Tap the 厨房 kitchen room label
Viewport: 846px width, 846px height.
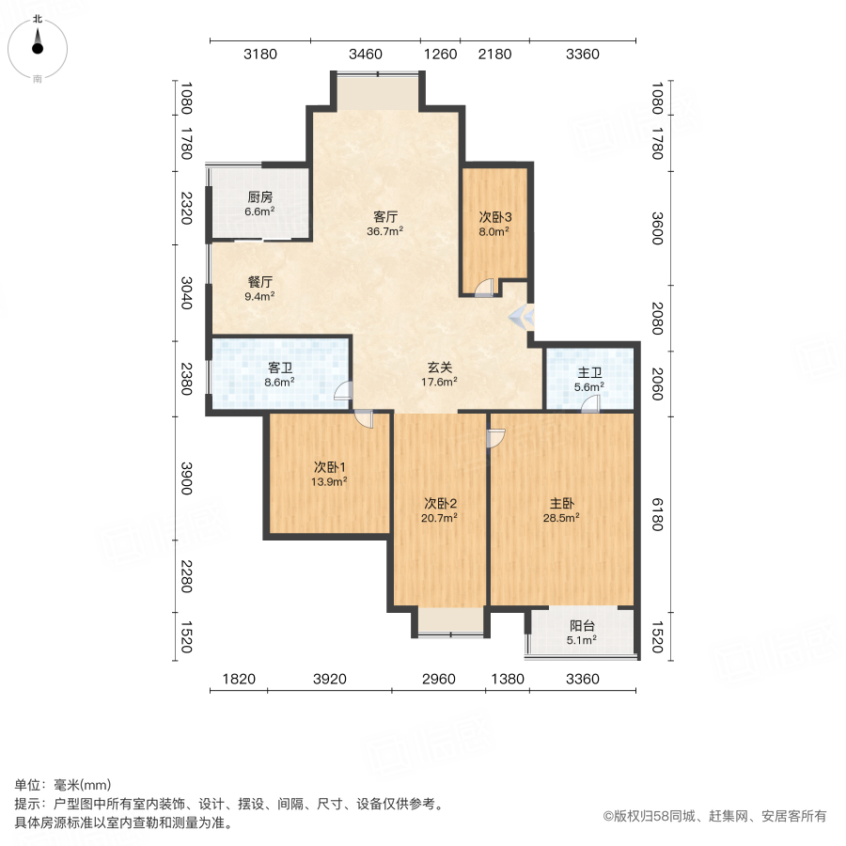(260, 197)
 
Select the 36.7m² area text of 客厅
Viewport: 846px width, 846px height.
(384, 230)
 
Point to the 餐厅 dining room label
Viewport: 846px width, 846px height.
(260, 281)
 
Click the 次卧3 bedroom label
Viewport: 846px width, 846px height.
(494, 216)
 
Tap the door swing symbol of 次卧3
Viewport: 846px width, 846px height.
(484, 289)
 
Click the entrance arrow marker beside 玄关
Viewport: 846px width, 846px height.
(521, 318)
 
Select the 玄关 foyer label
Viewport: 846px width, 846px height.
(438, 367)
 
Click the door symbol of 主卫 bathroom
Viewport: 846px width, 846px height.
(589, 404)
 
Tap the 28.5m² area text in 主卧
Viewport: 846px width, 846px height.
(560, 517)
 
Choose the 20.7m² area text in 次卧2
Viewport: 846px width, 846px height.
(439, 517)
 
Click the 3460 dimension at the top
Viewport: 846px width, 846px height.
(365, 55)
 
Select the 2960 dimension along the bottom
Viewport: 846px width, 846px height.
(438, 679)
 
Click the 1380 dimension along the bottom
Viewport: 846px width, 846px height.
(507, 679)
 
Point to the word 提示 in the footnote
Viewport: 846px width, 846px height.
(26, 805)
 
